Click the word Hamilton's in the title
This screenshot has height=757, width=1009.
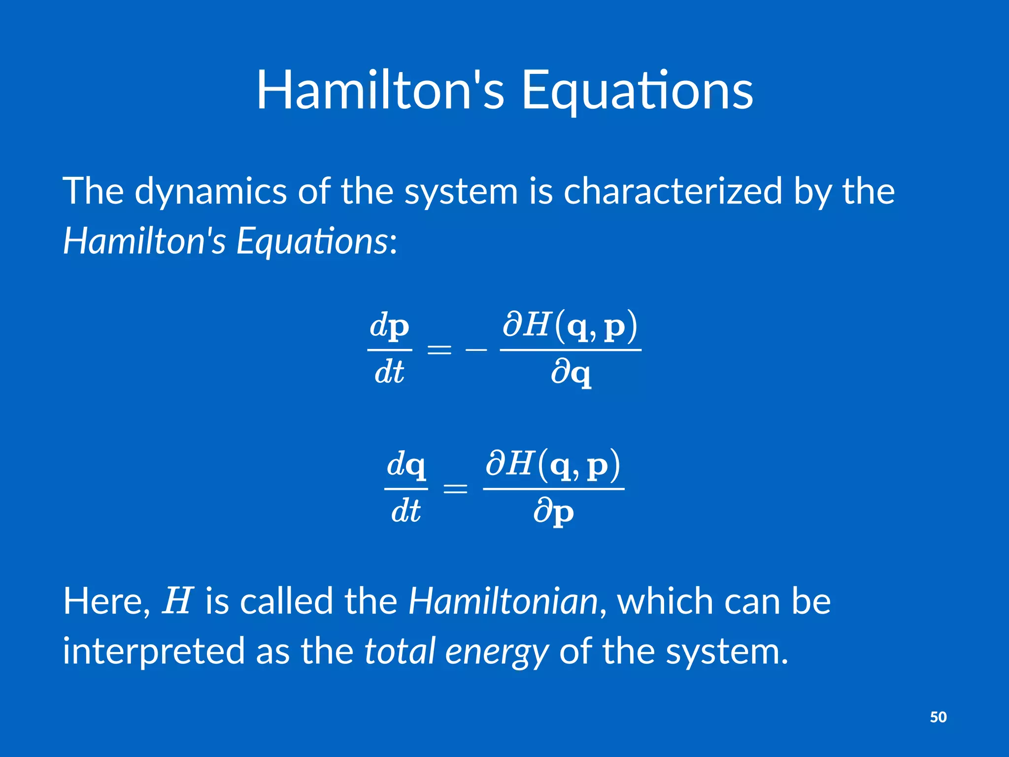(380, 91)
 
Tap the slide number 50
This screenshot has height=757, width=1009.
(938, 717)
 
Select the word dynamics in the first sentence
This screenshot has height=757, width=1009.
(210, 192)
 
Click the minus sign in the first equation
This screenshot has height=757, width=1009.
(476, 350)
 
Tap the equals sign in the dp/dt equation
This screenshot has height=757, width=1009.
(439, 350)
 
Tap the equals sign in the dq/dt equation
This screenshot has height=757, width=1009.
(455, 489)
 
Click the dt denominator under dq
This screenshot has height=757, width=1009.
(405, 511)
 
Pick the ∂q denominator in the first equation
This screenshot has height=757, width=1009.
(571, 373)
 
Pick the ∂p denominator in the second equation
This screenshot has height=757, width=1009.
(553, 513)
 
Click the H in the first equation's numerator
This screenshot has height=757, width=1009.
(537, 325)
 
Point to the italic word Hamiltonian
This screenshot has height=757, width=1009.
(503, 602)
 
